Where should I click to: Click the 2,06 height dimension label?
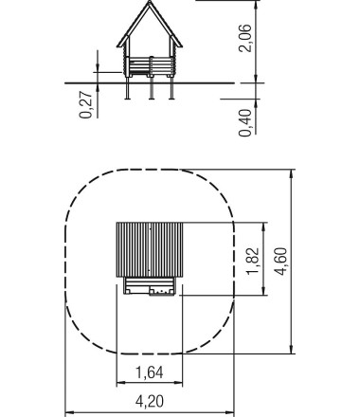[247, 40]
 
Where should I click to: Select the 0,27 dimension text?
[87, 104]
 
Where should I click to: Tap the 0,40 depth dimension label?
[247, 119]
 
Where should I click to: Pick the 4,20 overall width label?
[147, 402]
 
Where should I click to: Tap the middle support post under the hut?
[150, 88]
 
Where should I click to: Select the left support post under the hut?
[127, 88]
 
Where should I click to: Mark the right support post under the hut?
[171, 88]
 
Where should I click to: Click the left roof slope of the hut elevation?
[132, 28]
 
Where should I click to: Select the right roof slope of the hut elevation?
[167, 28]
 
